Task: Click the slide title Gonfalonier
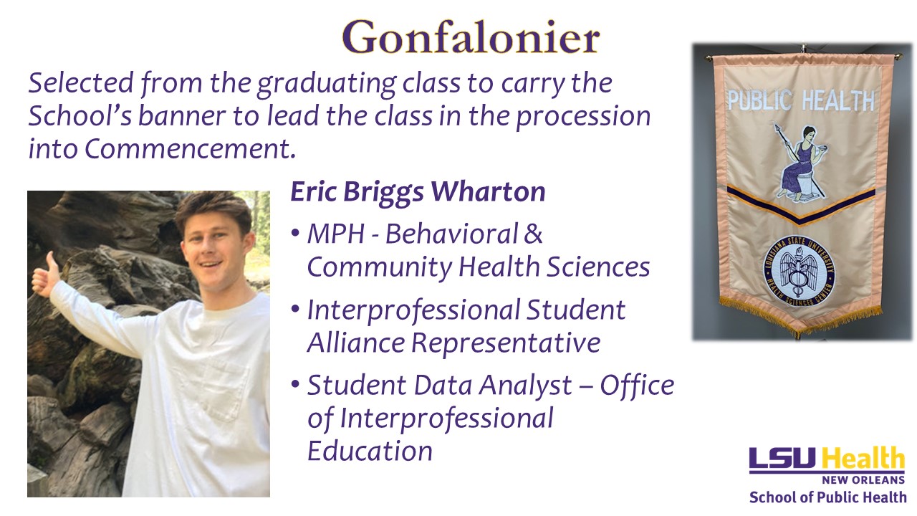[x=471, y=37]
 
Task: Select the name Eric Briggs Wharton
[x=418, y=191]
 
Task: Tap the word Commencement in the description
[x=190, y=148]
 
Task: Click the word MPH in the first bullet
[x=336, y=234]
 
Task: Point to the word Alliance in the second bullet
[x=356, y=343]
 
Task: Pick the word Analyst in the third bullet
[x=525, y=386]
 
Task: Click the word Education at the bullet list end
[x=370, y=451]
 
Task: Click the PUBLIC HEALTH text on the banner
[x=801, y=101]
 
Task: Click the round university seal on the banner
[x=798, y=271]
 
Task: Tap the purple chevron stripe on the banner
[x=801, y=205]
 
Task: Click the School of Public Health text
[x=827, y=497]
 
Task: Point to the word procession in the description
[x=583, y=117]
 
